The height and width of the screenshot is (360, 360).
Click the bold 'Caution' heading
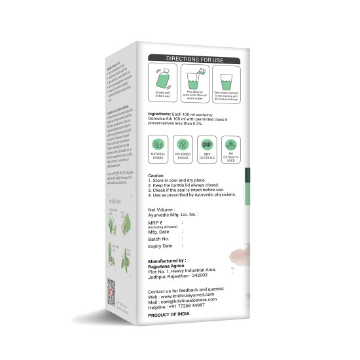click(156, 176)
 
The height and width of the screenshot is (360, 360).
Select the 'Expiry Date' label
click(161, 246)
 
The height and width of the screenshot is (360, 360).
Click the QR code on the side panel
click(111, 288)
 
